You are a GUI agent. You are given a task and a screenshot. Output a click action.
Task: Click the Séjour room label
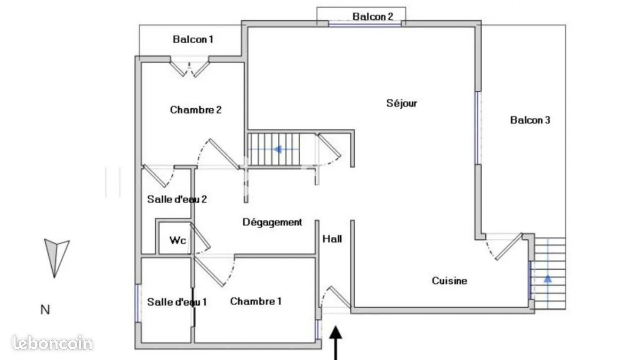[402, 103]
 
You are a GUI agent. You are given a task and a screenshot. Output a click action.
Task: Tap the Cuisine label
[450, 281]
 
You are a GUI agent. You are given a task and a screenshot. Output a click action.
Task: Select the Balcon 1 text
[193, 39]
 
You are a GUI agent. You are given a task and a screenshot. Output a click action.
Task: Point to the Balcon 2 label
[373, 17]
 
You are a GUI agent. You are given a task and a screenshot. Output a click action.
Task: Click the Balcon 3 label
[530, 120]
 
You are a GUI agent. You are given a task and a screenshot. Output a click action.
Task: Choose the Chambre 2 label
[196, 110]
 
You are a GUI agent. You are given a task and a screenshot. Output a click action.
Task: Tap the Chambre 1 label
[255, 301]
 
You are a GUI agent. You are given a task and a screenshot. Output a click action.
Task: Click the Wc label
[178, 241]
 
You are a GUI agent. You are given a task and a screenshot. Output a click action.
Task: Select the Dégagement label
[272, 222]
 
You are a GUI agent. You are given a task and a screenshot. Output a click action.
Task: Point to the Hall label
[332, 239]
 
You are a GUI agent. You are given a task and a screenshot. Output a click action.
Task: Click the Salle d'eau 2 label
[177, 199]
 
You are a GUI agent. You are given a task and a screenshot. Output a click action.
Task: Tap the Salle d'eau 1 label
[177, 302]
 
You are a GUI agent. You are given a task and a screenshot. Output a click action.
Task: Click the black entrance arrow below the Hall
[335, 343]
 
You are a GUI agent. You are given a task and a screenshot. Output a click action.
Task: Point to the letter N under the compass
[45, 310]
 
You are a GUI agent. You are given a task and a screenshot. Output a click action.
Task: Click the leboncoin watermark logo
[53, 343]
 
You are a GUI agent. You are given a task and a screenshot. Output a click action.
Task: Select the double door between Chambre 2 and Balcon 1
[189, 69]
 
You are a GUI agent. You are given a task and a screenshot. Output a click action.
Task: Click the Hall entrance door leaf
[340, 297]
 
